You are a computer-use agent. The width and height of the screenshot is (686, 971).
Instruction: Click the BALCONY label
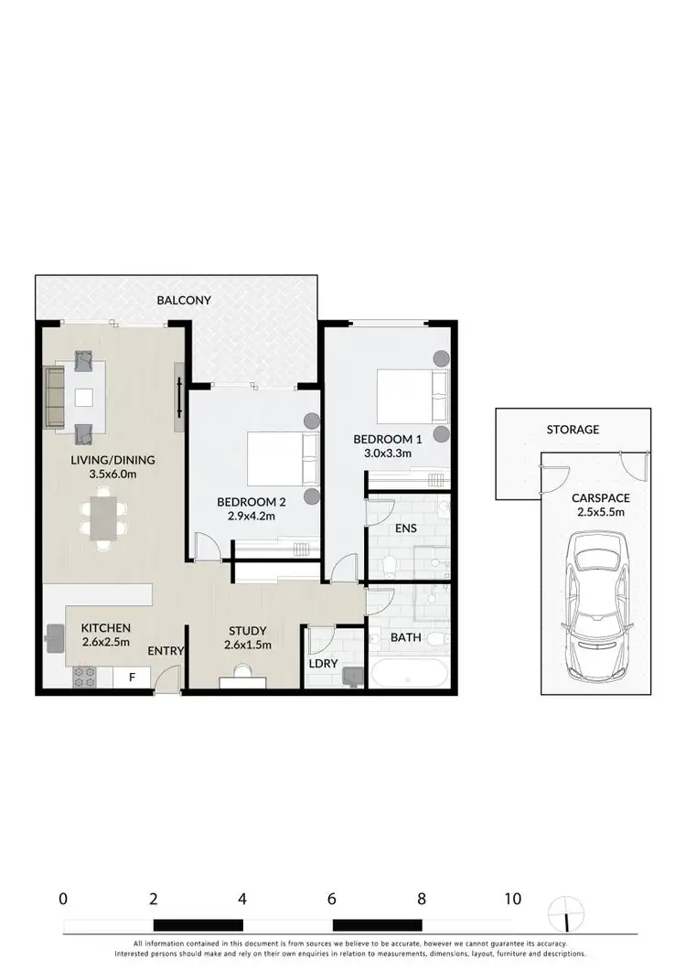point(184,300)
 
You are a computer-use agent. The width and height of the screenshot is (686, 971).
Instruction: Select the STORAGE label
point(573,429)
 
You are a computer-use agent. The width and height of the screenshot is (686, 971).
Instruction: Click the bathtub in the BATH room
point(409,674)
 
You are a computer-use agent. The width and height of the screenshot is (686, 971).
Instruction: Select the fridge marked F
point(132,678)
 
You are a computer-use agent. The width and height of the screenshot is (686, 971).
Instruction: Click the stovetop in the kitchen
point(85,678)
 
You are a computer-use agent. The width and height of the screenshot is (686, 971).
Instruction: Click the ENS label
point(404,528)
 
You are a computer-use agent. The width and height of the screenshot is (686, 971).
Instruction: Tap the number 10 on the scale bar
point(512,899)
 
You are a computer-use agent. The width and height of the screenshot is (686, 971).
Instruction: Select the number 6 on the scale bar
point(332,899)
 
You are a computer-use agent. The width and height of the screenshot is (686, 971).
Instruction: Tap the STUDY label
point(247,631)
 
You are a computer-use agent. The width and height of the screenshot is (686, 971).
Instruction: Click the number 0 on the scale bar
point(62,899)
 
